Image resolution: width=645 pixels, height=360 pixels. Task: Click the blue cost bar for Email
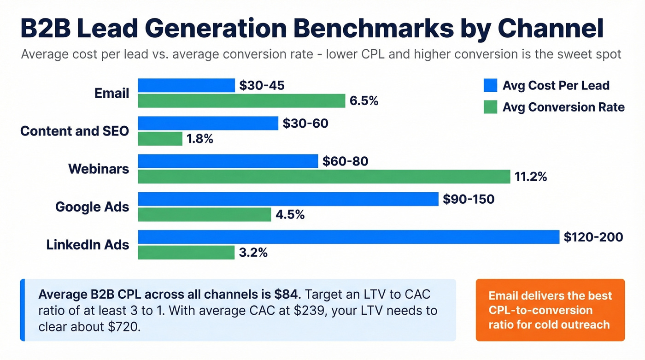tap(187, 85)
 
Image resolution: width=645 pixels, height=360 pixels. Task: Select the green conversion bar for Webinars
tap(324, 177)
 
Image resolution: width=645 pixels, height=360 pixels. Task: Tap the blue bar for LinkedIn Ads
tap(348, 237)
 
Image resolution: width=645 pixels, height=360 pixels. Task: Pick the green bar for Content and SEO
tap(160, 139)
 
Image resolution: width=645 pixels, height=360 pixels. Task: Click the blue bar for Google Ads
tap(288, 199)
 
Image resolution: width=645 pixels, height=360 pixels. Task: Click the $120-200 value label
tap(593, 237)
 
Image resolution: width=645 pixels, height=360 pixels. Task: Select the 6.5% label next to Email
tap(364, 101)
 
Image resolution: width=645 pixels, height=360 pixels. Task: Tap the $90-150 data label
tap(468, 199)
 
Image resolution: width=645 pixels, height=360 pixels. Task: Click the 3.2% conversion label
tap(253, 253)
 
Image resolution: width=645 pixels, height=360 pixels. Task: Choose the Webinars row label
tap(99, 169)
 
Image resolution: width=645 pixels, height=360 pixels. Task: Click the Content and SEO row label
tap(75, 131)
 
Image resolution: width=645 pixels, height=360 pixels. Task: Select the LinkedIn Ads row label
tap(88, 245)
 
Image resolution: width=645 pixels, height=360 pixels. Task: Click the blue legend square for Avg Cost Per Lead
tap(490, 85)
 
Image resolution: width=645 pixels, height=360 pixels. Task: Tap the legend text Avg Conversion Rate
tap(563, 107)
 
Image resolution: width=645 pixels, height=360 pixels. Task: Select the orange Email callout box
tap(550, 310)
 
